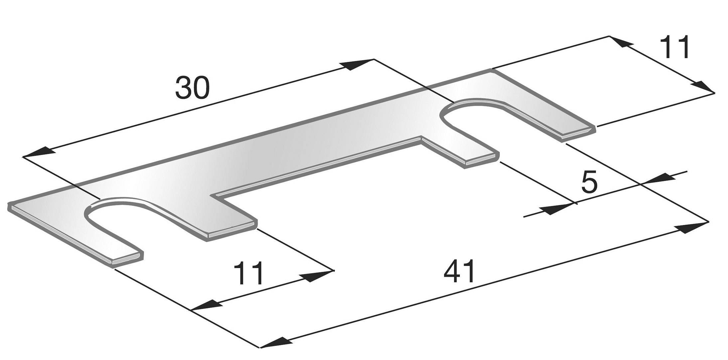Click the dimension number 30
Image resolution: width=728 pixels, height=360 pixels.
click(192, 88)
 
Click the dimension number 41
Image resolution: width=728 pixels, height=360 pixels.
click(459, 271)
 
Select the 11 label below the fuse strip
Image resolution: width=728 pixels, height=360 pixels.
click(249, 273)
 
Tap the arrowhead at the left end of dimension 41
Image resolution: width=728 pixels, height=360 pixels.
click(274, 343)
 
